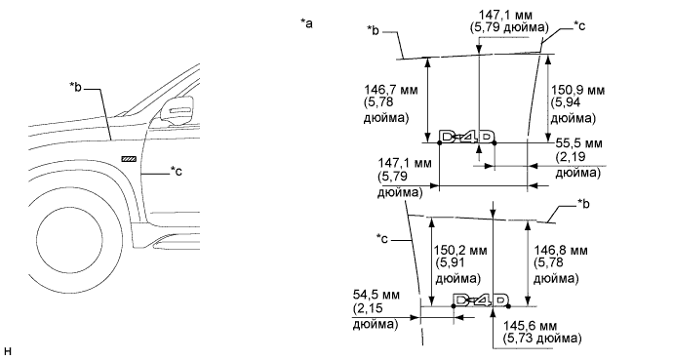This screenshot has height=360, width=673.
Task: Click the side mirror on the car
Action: click(x=177, y=111)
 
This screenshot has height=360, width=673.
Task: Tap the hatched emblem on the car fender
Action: click(x=129, y=159)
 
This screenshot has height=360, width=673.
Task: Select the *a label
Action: click(x=306, y=23)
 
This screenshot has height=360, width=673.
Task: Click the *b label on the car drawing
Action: click(x=75, y=87)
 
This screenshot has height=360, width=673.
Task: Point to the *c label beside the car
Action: click(x=176, y=171)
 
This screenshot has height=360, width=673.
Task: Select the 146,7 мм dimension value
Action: click(x=390, y=90)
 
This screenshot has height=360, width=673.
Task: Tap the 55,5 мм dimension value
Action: click(x=578, y=143)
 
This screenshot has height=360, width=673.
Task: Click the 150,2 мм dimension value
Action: click(x=460, y=250)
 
